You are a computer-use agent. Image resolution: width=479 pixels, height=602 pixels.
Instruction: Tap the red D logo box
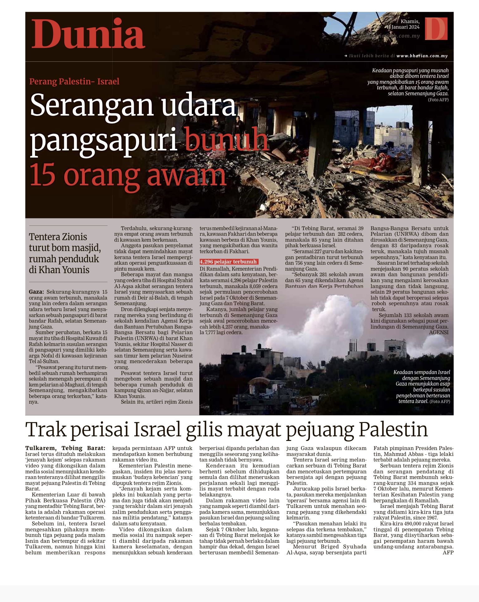pyautogui.click(x=436, y=29)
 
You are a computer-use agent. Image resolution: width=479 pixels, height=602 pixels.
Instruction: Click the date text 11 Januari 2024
pyautogui.click(x=403, y=27)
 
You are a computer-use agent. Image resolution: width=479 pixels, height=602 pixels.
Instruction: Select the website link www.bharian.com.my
pyautogui.click(x=422, y=56)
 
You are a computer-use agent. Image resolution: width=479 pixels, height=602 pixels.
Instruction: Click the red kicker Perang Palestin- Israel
pyautogui.click(x=74, y=82)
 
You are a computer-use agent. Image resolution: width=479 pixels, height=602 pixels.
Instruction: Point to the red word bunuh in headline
pyautogui.click(x=227, y=140)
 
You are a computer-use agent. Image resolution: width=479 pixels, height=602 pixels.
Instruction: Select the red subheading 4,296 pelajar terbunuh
pyautogui.click(x=228, y=262)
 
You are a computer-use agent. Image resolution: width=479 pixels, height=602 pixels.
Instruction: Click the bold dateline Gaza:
pyautogui.click(x=36, y=292)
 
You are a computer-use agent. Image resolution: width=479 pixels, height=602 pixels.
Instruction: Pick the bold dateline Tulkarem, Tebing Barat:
pyautogui.click(x=65, y=448)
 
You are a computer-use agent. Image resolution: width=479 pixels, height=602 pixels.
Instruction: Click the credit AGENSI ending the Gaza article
pyautogui.click(x=438, y=332)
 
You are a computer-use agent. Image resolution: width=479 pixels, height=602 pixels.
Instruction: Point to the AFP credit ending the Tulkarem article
pyautogui.click(x=448, y=552)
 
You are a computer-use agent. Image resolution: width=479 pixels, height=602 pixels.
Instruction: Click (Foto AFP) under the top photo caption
pyautogui.click(x=438, y=100)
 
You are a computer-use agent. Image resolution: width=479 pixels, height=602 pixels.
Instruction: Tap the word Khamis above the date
pyautogui.click(x=410, y=21)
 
